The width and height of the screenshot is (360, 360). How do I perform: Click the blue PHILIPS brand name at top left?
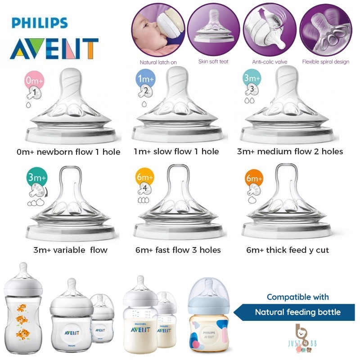[40, 23]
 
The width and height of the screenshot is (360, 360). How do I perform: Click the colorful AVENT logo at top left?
[54, 49]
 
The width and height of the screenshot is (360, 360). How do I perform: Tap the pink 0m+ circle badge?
[34, 81]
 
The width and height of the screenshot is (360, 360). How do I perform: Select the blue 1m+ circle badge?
[145, 79]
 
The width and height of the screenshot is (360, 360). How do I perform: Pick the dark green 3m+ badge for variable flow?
[37, 177]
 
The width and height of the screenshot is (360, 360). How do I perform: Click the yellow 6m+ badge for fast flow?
[145, 177]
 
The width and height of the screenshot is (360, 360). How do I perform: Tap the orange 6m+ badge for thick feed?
[254, 178]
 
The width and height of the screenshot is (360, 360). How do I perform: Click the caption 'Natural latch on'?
[158, 62]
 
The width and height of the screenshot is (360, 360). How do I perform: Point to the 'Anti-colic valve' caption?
[270, 62]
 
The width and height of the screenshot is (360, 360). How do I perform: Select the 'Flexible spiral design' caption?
[325, 62]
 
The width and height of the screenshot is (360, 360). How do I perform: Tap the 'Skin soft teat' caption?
[213, 62]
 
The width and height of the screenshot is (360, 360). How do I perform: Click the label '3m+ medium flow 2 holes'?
[290, 152]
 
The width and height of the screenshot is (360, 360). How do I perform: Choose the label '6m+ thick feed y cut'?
[288, 250]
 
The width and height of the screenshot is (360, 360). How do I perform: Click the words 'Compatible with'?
[297, 297]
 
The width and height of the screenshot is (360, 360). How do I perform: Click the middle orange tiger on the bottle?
[22, 319]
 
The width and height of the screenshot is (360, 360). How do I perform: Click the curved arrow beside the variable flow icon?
[47, 192]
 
